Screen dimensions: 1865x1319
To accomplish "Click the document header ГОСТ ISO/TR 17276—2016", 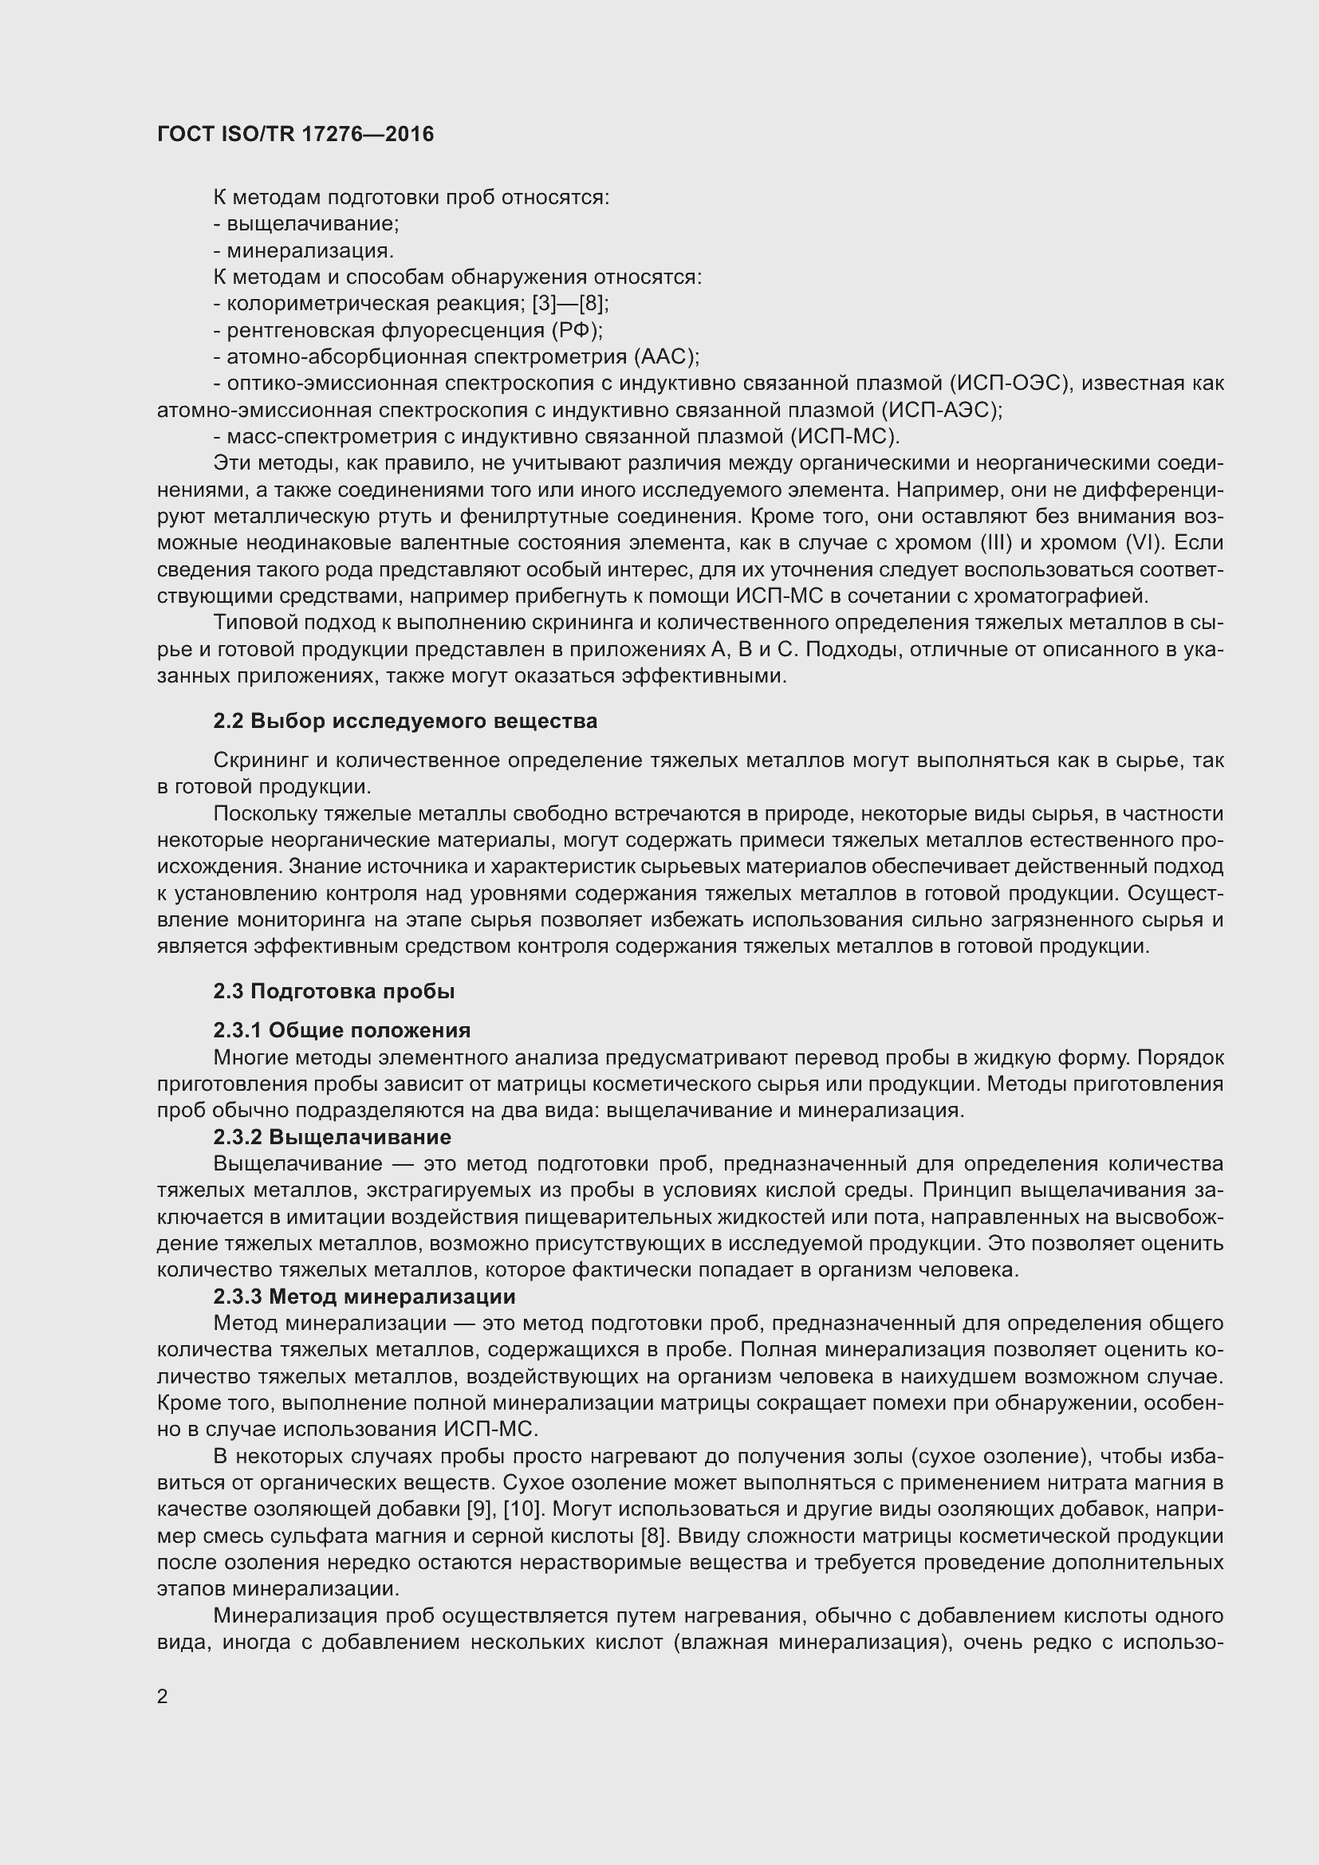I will click(x=296, y=135).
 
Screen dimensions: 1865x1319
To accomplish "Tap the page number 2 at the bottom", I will click(x=163, y=1696).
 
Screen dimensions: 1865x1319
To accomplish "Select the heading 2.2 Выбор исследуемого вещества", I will click(x=405, y=722).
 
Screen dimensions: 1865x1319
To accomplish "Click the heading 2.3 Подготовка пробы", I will click(x=334, y=991).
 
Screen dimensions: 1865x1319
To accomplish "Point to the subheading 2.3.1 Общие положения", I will click(x=342, y=1031).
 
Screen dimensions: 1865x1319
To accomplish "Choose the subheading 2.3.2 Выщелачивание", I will click(x=333, y=1137).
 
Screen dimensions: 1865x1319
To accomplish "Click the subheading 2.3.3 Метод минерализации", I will click(x=364, y=1296).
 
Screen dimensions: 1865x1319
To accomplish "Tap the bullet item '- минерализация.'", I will click(x=304, y=251).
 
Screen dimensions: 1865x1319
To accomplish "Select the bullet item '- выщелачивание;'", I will click(x=306, y=224).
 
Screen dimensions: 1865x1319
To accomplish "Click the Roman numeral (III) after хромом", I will click(x=1007, y=543).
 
